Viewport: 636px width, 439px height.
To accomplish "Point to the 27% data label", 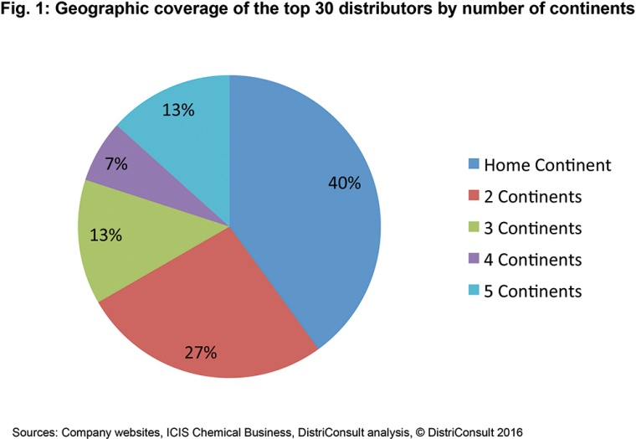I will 202,352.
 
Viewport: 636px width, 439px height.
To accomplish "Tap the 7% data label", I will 116,164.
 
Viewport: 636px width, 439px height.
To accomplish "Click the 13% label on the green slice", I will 107,236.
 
